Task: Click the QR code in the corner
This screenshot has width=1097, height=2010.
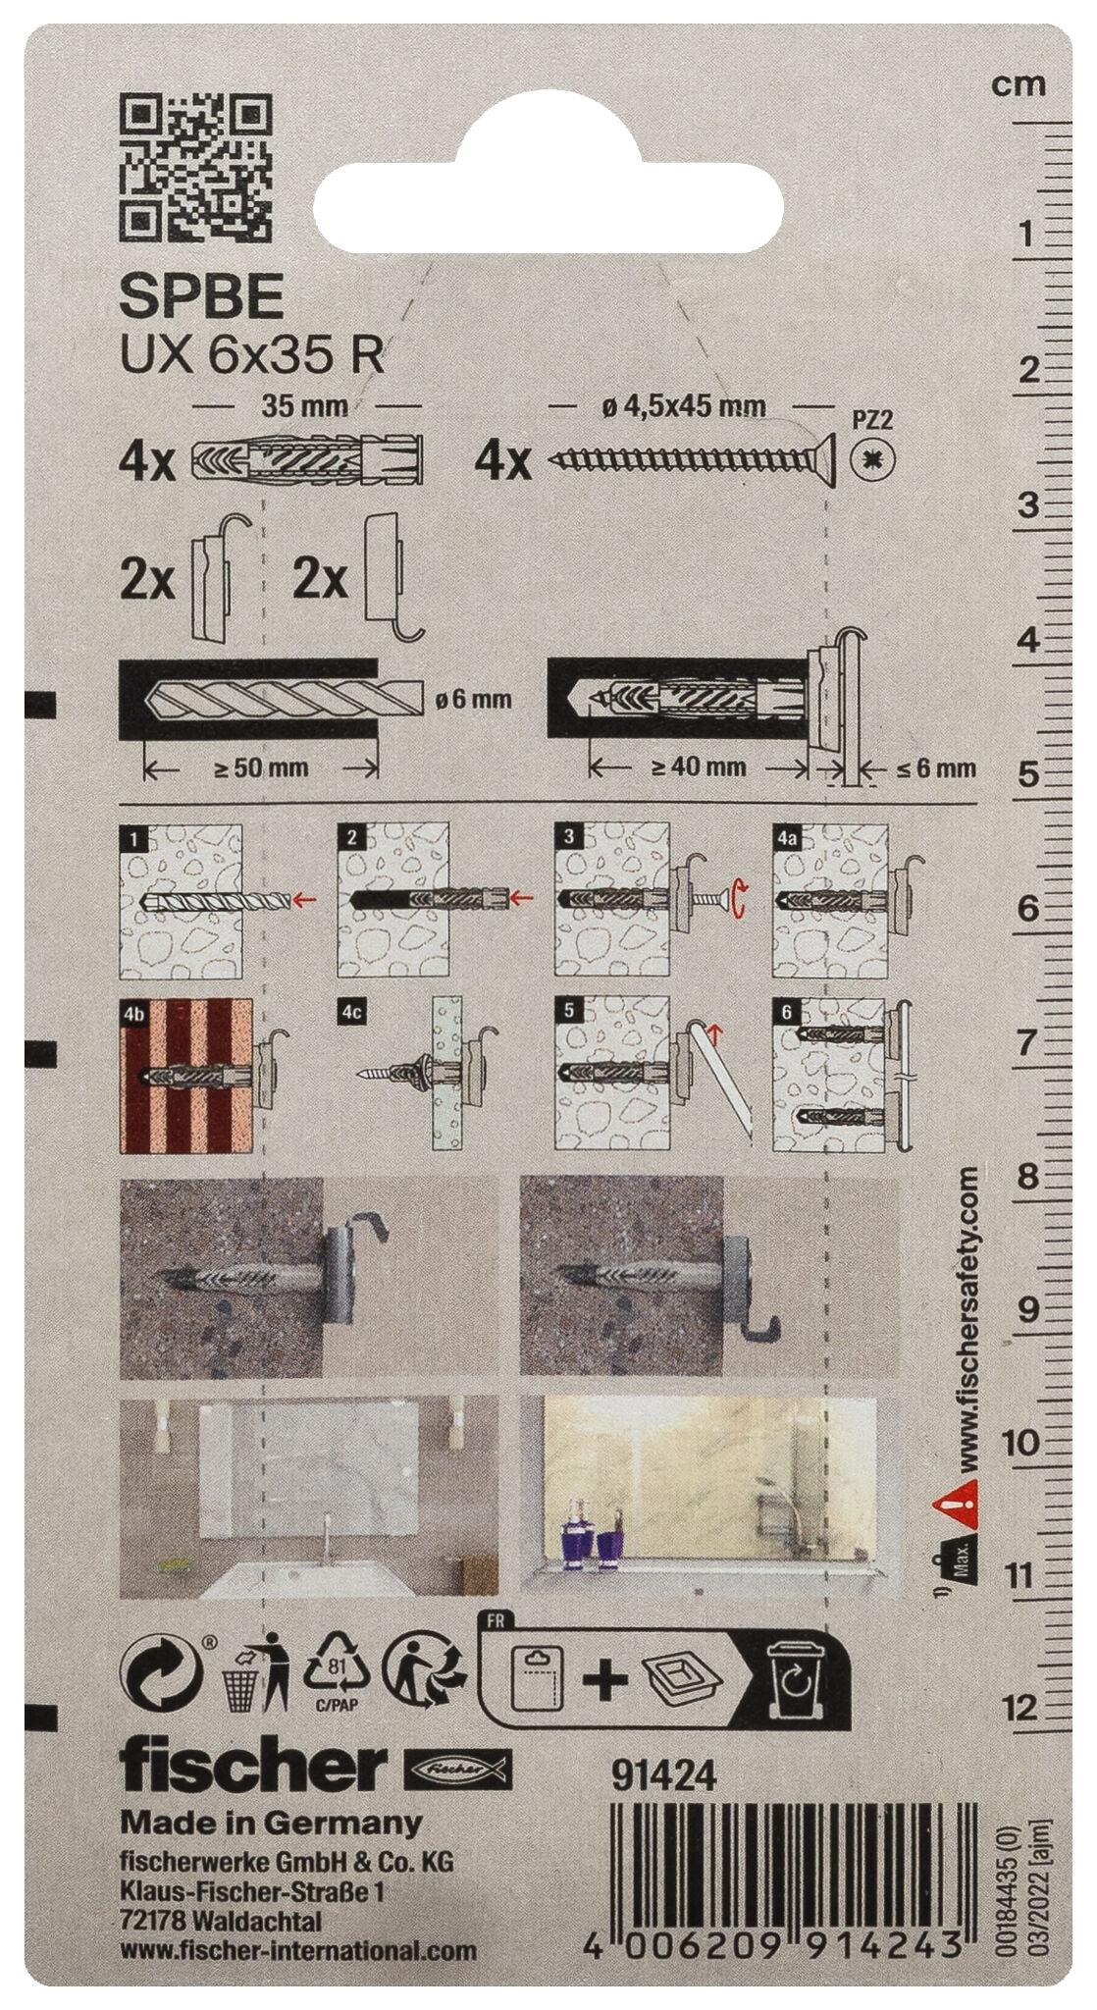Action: [x=194, y=166]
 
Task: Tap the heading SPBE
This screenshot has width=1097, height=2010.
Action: [x=201, y=297]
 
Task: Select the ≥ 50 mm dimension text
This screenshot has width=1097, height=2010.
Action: [x=260, y=767]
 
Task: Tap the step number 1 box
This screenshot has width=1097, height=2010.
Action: [x=132, y=837]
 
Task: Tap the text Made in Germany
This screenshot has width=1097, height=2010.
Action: [x=270, y=1824]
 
